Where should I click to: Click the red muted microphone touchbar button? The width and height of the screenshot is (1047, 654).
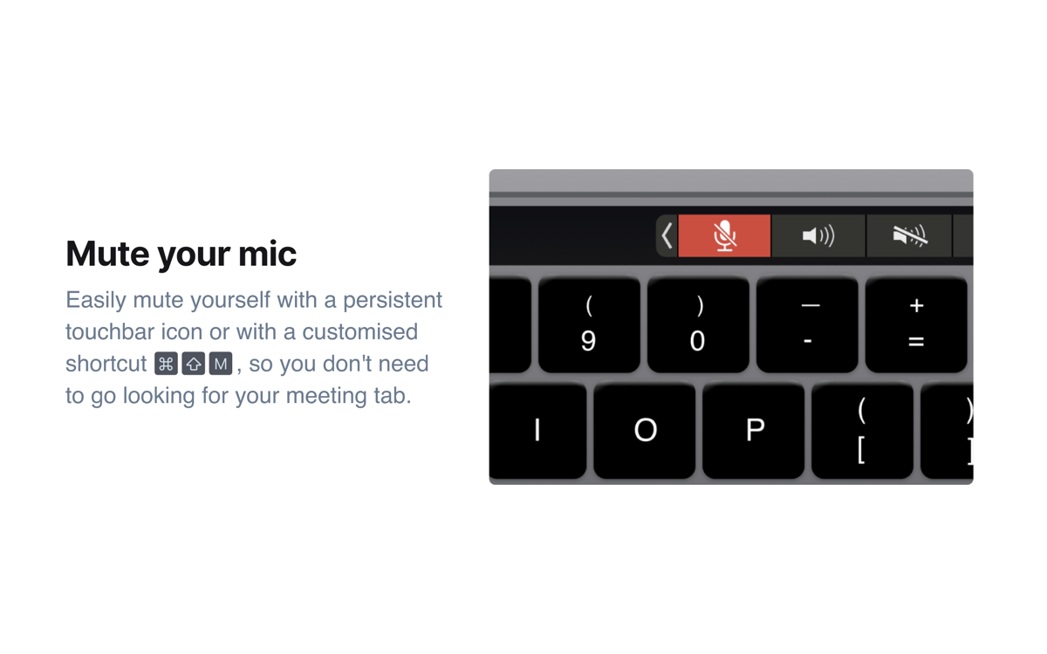pos(724,235)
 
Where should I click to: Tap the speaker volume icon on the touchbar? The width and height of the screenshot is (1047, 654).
pos(818,235)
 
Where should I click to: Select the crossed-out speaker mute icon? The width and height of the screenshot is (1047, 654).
pos(909,235)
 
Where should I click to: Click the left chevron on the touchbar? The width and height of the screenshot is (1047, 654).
pos(667,235)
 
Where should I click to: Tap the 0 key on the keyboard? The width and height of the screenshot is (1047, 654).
pos(698,324)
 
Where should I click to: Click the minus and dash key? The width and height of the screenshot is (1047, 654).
pos(808,324)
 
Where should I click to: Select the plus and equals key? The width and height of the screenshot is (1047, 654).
pos(916,324)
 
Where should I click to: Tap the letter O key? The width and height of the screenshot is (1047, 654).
pos(645,430)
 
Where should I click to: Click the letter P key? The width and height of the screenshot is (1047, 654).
pos(754,430)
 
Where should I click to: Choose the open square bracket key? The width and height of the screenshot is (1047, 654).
pos(862,430)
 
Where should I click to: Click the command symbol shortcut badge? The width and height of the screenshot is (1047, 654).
pos(166,364)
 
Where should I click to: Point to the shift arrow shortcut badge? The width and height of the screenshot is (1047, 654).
pos(194,364)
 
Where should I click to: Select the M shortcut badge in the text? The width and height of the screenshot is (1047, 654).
pos(221,364)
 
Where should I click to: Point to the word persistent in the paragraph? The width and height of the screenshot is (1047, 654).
pos(393,300)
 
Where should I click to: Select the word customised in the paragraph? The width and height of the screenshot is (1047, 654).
pos(359,332)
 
